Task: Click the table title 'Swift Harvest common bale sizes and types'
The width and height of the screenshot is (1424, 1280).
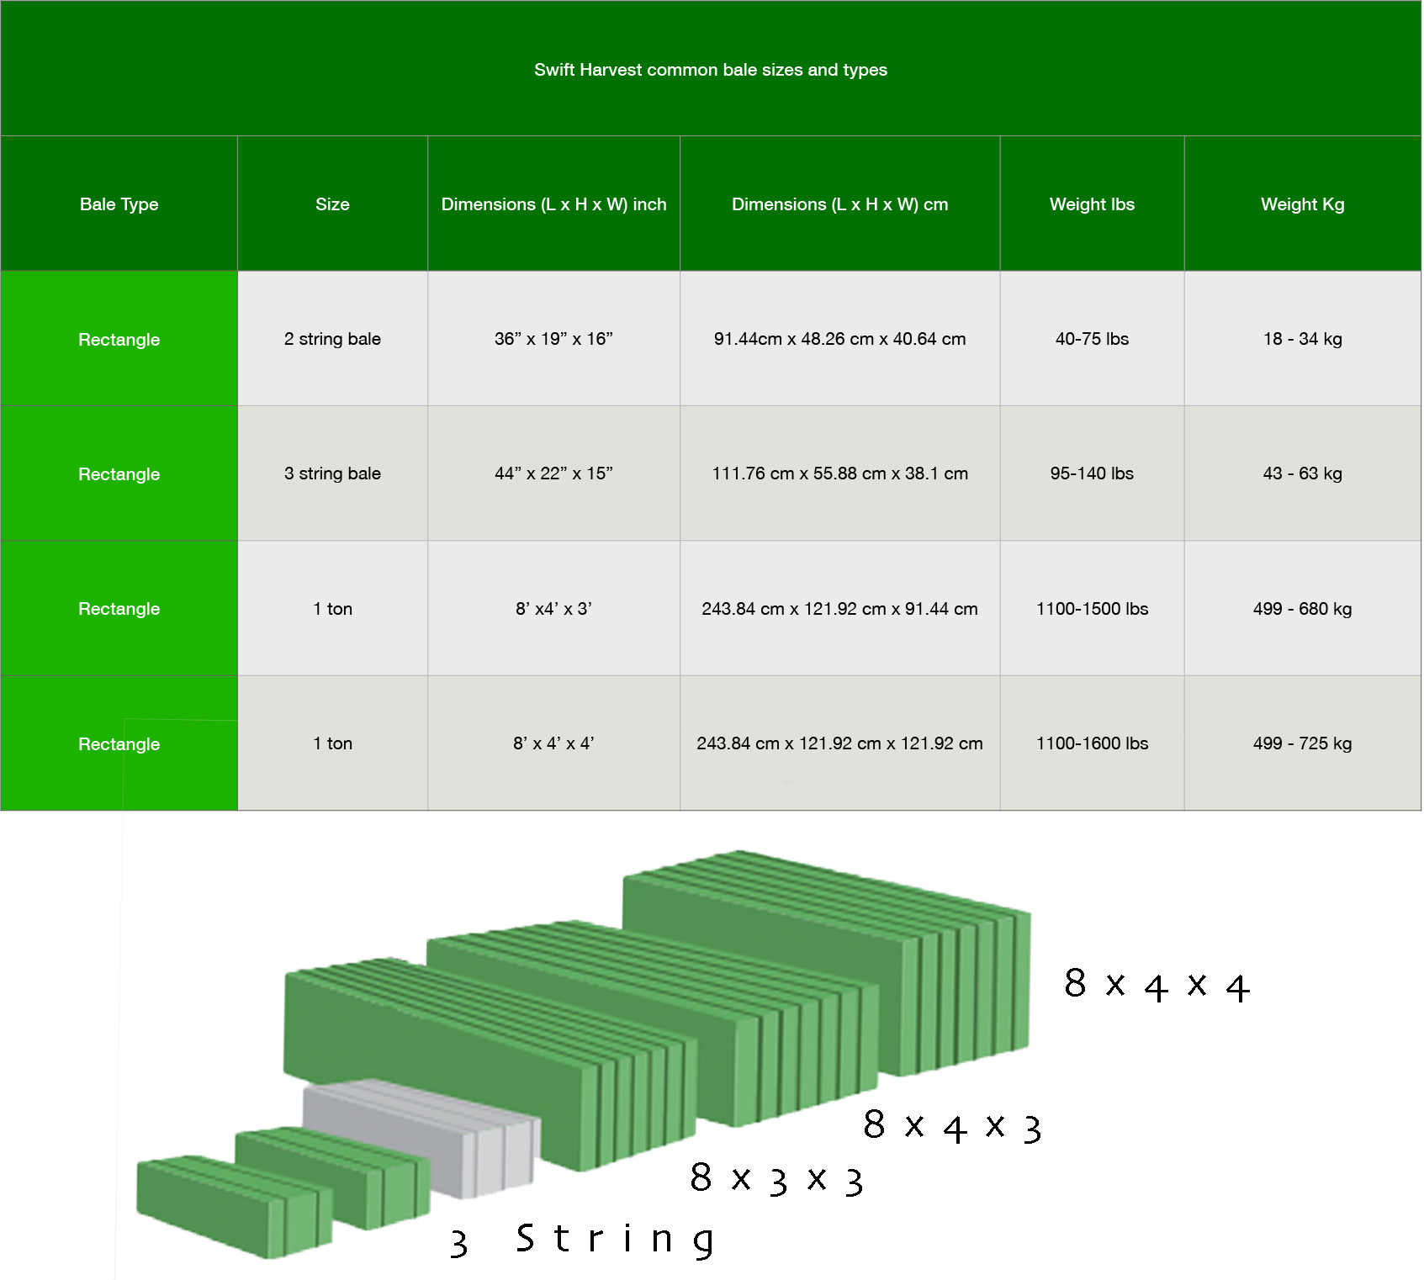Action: point(711,70)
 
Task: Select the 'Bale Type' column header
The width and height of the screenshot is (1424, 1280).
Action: point(119,204)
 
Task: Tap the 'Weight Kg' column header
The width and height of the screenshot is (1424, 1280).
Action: point(1302,204)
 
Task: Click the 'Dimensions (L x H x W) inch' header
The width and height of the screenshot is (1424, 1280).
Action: point(553,204)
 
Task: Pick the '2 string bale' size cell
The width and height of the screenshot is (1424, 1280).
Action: point(332,339)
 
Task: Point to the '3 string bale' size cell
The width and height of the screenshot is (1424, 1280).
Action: point(332,473)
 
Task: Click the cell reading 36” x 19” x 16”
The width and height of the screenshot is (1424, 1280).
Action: point(553,339)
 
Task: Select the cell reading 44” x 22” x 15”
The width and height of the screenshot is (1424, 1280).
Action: point(553,473)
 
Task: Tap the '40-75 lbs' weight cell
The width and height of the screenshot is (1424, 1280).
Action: point(1092,339)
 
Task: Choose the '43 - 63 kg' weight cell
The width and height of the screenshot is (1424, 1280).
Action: point(1302,473)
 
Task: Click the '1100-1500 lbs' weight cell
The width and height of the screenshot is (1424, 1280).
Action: point(1092,609)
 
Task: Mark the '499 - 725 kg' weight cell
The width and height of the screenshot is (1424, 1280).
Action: point(1302,743)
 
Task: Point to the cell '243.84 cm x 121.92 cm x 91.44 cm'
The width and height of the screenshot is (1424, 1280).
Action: point(839,609)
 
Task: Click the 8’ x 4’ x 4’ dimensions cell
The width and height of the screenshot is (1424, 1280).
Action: point(553,743)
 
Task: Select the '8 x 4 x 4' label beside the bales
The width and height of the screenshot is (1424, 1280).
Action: point(1157,985)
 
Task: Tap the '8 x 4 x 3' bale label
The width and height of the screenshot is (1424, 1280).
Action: point(952,1126)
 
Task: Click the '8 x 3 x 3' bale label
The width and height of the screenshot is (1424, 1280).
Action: point(776,1179)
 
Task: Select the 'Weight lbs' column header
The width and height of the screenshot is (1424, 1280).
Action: point(1092,204)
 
